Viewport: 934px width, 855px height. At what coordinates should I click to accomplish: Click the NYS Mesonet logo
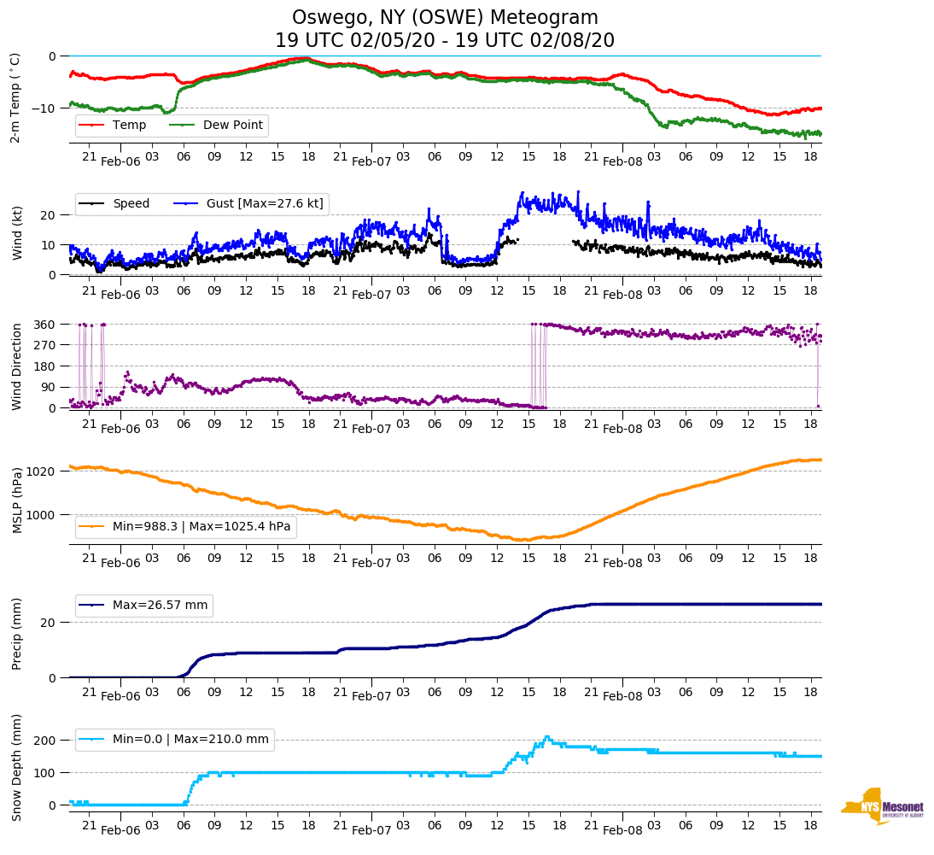click(x=883, y=806)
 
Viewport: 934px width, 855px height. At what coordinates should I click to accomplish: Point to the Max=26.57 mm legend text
click(x=160, y=606)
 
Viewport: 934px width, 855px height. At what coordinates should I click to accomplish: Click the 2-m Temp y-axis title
click(x=15, y=97)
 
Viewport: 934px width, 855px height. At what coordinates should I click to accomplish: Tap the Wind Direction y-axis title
click(x=16, y=366)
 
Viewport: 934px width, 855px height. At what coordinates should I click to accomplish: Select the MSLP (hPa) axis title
click(x=16, y=500)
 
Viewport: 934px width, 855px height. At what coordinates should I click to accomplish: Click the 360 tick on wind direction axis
click(x=45, y=325)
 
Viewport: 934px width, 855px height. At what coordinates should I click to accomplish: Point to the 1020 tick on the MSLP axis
click(x=42, y=471)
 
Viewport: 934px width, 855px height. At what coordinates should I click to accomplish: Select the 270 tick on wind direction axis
click(x=45, y=345)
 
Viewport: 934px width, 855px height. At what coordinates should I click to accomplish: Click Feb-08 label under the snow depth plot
click(x=622, y=830)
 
